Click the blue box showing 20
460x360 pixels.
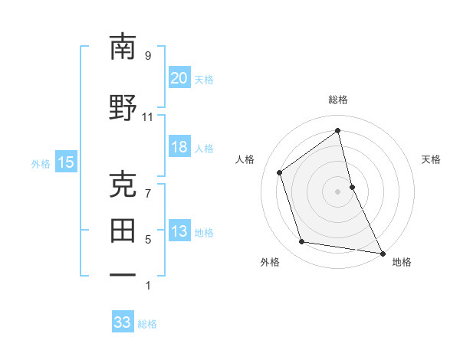(179, 78)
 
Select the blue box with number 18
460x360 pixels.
(179, 147)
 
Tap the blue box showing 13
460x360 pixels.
(179, 231)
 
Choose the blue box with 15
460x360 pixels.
(65, 162)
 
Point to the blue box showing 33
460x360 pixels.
(122, 322)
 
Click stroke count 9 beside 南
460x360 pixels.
(148, 55)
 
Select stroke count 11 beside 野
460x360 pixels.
(148, 116)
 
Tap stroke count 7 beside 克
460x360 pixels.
(148, 193)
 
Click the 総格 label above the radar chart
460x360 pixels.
(338, 100)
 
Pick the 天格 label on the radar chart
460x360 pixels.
(432, 159)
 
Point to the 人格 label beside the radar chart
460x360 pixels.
(245, 159)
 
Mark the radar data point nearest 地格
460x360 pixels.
(381, 252)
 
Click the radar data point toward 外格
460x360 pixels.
(302, 242)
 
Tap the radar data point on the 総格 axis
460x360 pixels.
(338, 131)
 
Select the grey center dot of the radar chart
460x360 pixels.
(338, 191)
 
